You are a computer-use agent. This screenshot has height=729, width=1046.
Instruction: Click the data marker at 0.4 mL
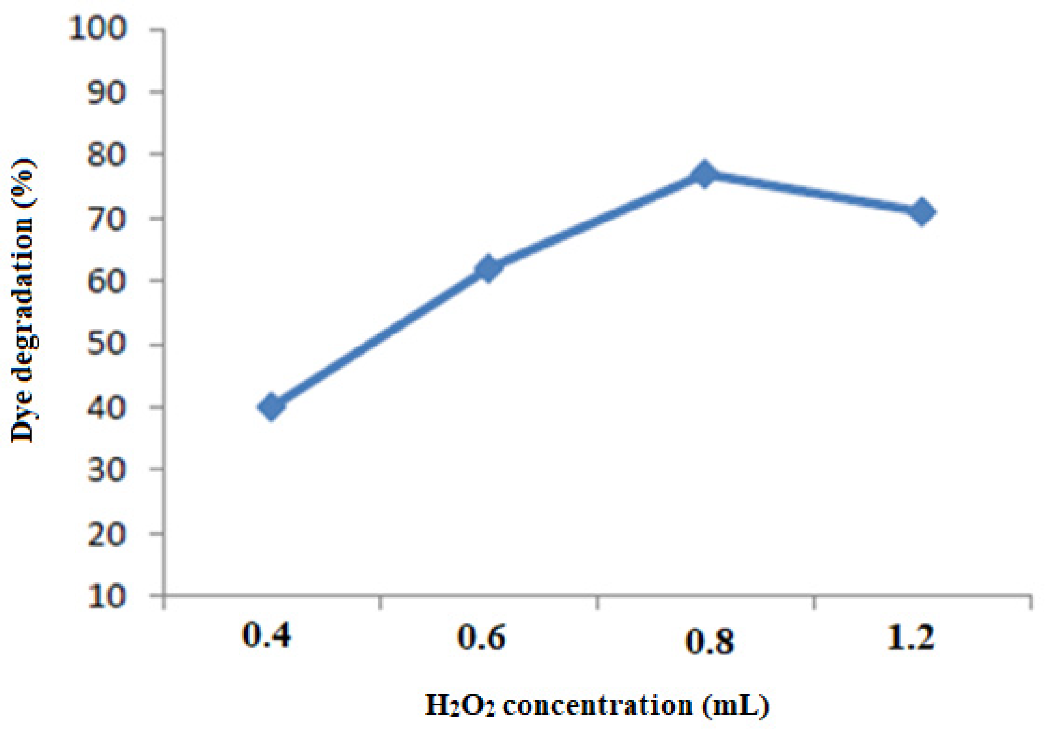(271, 407)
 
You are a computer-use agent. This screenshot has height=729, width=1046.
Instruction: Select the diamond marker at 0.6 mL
(488, 269)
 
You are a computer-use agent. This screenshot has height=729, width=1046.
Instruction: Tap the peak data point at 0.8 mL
(705, 174)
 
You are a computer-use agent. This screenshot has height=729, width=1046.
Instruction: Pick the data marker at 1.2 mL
(921, 212)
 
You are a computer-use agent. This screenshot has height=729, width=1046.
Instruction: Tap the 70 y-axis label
(107, 219)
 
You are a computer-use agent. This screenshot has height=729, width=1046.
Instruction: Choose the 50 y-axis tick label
(107, 345)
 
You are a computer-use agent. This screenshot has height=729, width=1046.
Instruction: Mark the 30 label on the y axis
(107, 470)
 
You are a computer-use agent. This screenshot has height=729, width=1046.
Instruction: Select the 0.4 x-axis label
(267, 636)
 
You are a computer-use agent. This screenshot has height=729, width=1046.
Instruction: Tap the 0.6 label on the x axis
(481, 637)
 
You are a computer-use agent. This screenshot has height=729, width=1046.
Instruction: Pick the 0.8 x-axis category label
(710, 641)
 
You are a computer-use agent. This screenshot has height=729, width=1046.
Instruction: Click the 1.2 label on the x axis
(910, 637)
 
